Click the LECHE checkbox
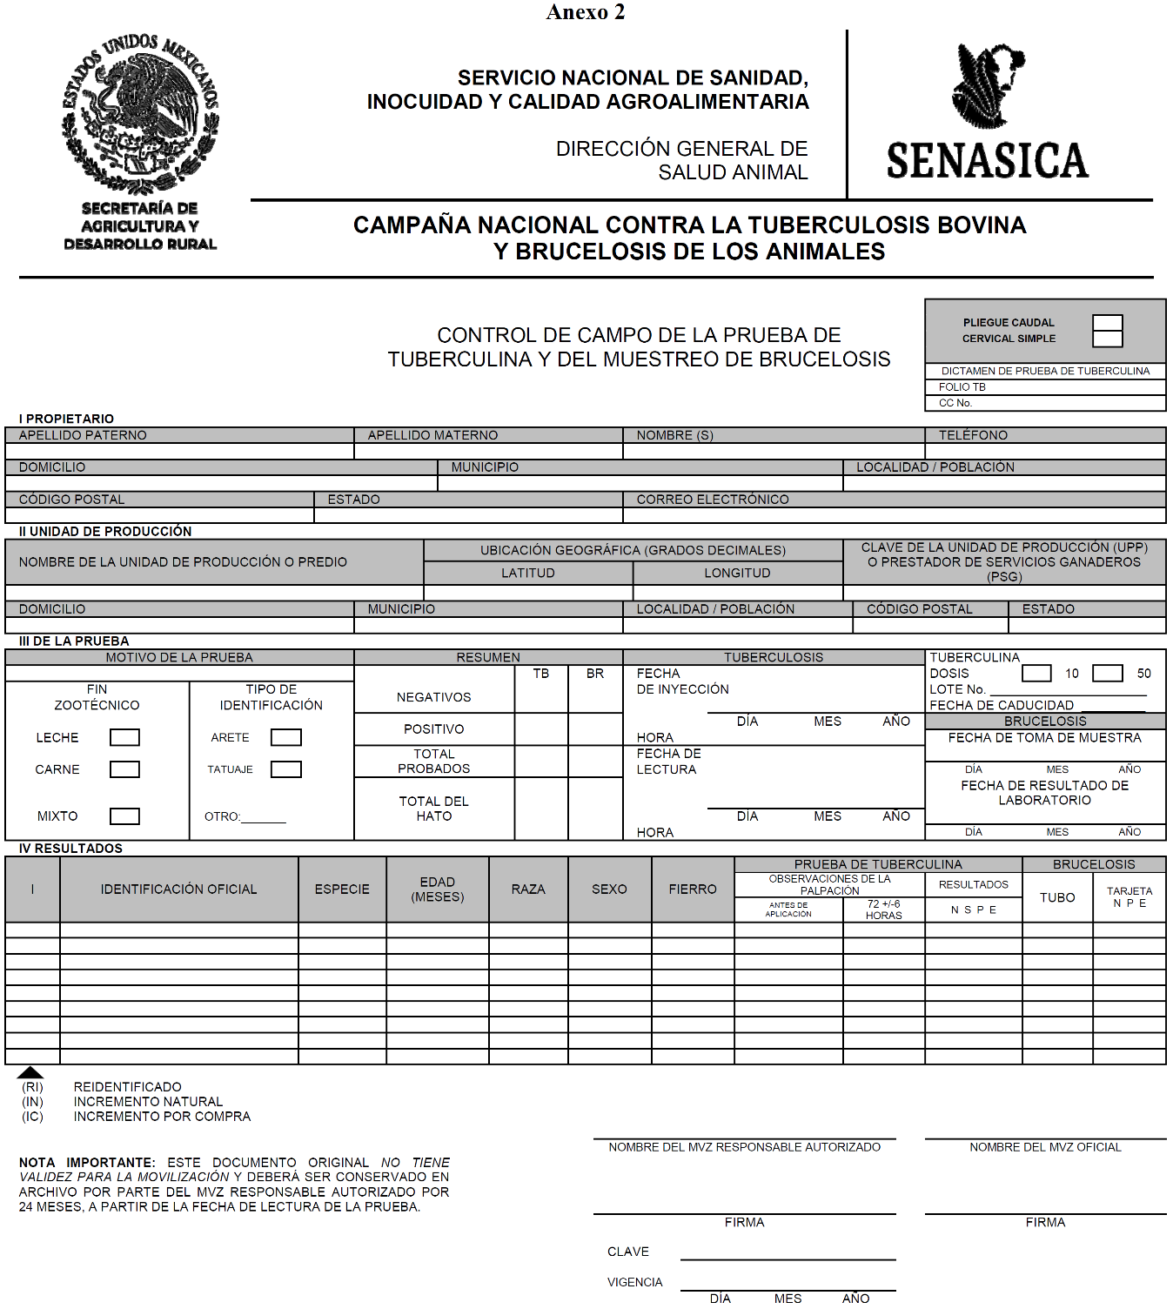(x=124, y=737)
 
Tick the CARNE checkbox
(x=124, y=769)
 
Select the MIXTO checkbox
(x=124, y=816)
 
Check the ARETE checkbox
(x=285, y=737)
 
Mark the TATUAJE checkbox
(x=285, y=769)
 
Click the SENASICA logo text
(x=988, y=161)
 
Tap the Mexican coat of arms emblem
(x=140, y=113)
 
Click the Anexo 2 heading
(x=586, y=12)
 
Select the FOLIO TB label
(x=962, y=387)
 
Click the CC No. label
(x=955, y=403)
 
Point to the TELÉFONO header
(x=973, y=435)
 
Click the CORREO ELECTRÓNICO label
(x=713, y=500)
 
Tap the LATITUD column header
(x=527, y=573)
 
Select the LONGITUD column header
(x=737, y=573)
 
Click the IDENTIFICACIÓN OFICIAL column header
(x=178, y=889)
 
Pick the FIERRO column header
(x=693, y=889)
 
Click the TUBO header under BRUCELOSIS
(x=1057, y=897)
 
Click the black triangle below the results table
(x=30, y=1072)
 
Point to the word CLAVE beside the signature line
(x=628, y=1252)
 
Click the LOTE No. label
(x=957, y=689)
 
